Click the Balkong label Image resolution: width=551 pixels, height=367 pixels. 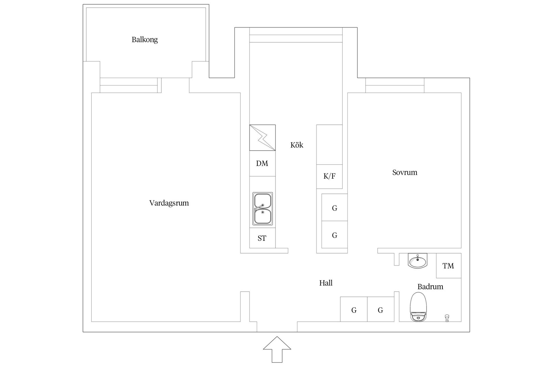[145, 40]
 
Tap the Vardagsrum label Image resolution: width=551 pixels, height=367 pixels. [169, 203]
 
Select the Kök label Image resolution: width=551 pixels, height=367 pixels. [296, 145]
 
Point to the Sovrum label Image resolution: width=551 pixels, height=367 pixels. [405, 172]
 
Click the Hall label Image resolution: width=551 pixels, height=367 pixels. [326, 283]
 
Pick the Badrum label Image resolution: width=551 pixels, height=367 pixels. [430, 287]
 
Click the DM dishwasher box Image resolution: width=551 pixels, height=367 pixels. [262, 163]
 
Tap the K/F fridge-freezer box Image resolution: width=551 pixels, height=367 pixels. [329, 176]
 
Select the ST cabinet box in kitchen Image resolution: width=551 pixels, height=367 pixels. [262, 238]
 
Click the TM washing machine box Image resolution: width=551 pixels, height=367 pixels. [448, 266]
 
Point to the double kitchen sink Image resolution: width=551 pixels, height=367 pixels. [262, 208]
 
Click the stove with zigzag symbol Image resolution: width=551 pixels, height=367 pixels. [262, 138]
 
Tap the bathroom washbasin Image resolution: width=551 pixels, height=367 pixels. [417, 261]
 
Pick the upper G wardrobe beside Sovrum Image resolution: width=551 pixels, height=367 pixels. [334, 208]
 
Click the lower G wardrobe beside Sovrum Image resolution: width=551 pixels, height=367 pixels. [334, 235]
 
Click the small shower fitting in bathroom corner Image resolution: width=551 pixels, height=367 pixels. [447, 318]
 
